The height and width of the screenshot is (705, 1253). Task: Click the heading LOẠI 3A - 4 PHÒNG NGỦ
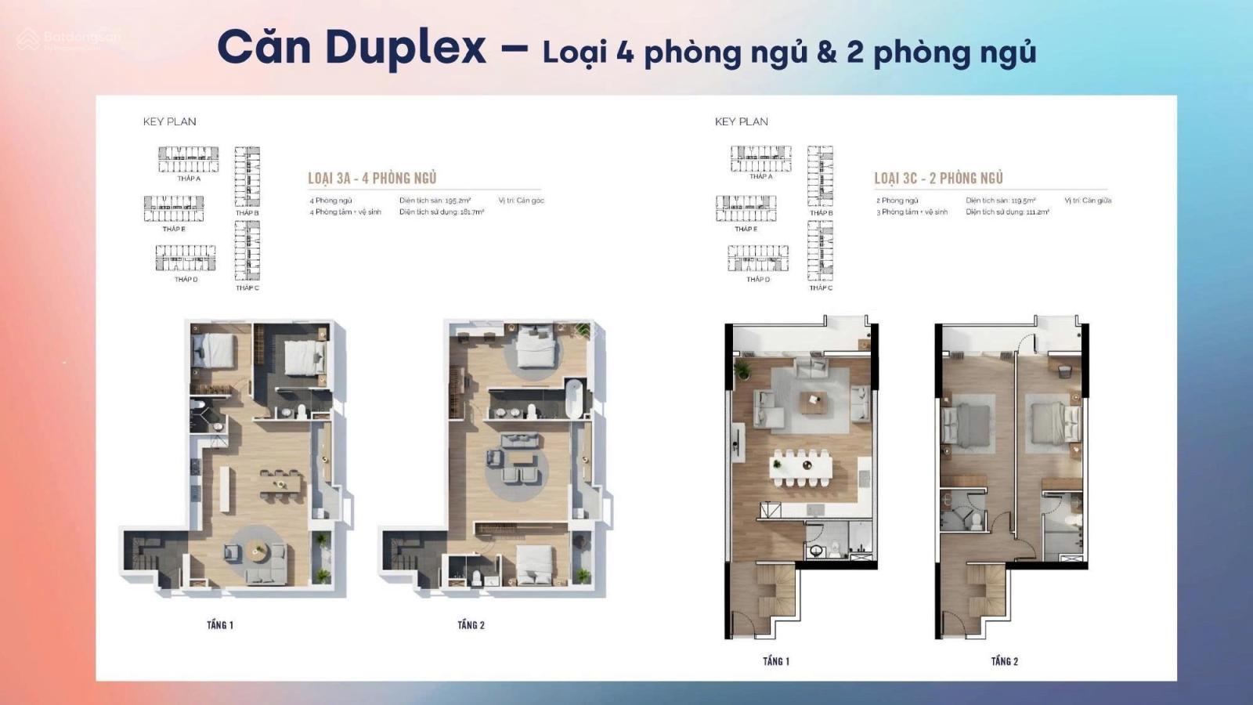click(372, 179)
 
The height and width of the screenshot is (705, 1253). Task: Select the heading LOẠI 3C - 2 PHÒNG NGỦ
click(938, 179)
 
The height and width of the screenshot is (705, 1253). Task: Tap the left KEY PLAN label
click(169, 121)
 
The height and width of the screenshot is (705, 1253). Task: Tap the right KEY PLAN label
click(741, 121)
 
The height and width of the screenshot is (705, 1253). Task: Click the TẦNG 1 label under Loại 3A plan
click(220, 624)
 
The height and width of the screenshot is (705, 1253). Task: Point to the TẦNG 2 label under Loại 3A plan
click(471, 624)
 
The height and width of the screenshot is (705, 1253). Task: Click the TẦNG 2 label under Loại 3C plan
click(1004, 661)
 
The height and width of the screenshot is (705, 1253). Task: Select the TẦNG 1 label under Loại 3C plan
click(775, 661)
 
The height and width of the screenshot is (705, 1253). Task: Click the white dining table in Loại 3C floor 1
click(801, 467)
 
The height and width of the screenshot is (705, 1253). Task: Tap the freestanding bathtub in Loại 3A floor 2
click(574, 398)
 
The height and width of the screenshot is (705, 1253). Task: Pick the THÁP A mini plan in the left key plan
click(189, 159)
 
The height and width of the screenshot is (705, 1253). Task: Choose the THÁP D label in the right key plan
click(757, 280)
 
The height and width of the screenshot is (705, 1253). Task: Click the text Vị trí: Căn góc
click(521, 201)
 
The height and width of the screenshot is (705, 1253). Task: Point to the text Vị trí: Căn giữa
click(1088, 201)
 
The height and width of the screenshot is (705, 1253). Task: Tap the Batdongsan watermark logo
click(29, 38)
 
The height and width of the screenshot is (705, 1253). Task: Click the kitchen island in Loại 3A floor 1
click(225, 490)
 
